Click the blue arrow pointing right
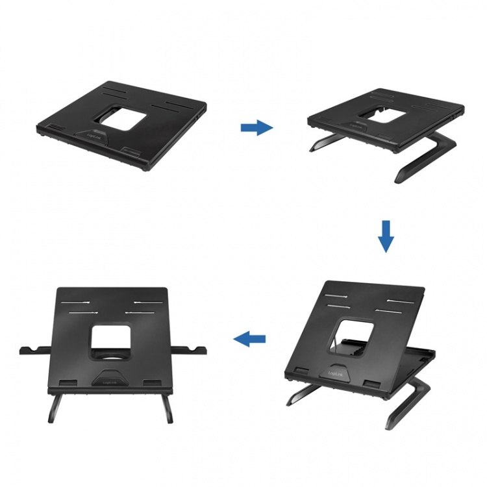[256, 128]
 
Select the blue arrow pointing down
[386, 236]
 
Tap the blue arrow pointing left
[249, 338]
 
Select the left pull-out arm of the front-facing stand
[36, 351]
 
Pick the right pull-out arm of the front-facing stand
[188, 351]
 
